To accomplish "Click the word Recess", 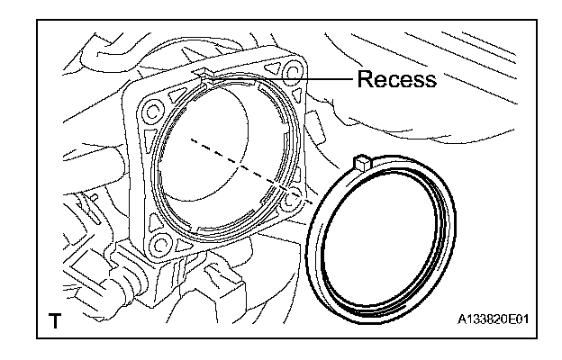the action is click(x=395, y=79).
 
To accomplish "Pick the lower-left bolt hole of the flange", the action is click(x=163, y=242).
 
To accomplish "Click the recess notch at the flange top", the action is click(x=204, y=77).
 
